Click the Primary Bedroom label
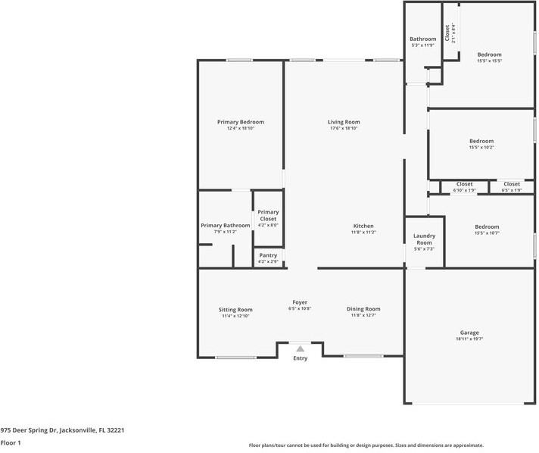click(x=240, y=122)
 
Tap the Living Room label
click(x=344, y=122)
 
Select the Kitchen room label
click(x=363, y=226)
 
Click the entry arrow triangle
click(x=301, y=349)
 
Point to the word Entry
click(x=301, y=358)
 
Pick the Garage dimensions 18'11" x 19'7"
click(x=469, y=339)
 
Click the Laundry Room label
click(x=424, y=239)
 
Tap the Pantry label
click(x=268, y=255)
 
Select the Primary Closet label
click(x=268, y=215)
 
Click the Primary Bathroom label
click(x=225, y=225)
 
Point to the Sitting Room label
click(x=235, y=309)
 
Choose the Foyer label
click(x=300, y=302)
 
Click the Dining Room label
click(x=363, y=308)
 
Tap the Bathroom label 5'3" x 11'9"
click(x=422, y=39)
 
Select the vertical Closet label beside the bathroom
click(x=448, y=33)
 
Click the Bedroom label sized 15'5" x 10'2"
click(x=481, y=141)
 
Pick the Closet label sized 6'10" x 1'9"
click(x=464, y=184)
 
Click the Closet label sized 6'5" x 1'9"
click(x=512, y=184)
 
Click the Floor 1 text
click(x=11, y=442)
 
